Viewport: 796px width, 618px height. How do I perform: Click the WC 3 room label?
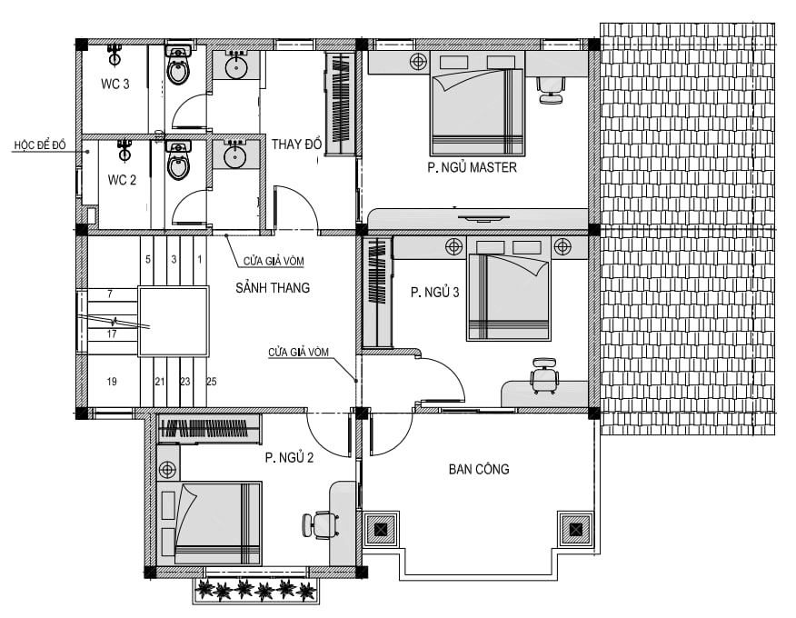tap(115, 84)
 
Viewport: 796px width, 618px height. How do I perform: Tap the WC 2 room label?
tap(122, 180)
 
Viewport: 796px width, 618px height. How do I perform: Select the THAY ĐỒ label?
tap(296, 145)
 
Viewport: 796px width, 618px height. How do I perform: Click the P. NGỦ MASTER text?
tap(473, 167)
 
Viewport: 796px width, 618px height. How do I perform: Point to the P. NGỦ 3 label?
tap(435, 292)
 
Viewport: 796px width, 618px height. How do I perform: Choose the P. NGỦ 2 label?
tap(289, 457)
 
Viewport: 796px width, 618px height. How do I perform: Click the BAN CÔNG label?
tap(479, 469)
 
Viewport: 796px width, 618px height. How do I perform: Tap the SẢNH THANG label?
tap(273, 288)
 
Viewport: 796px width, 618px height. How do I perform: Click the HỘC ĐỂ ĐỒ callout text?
tap(40, 145)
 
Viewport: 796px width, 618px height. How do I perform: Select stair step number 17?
tap(112, 334)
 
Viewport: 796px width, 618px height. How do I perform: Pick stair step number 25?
tap(211, 382)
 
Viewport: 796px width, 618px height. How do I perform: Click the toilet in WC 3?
tap(178, 65)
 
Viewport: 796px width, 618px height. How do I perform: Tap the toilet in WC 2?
tap(178, 161)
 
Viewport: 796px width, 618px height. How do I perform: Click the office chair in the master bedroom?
tap(551, 90)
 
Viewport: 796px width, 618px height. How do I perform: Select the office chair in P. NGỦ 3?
tap(544, 376)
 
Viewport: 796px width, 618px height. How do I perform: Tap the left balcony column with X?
tap(382, 530)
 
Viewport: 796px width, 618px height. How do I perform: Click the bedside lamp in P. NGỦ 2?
tap(167, 470)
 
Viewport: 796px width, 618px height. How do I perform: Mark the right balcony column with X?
tap(576, 530)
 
